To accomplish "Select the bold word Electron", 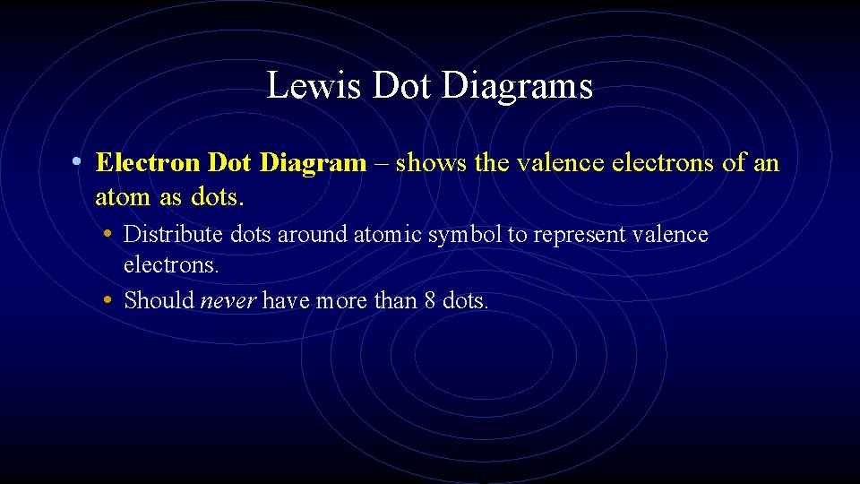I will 148,163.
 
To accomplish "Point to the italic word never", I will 228,300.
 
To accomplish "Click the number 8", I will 431,300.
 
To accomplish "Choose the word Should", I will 159,300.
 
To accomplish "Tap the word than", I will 394,300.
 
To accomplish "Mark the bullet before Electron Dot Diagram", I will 79,163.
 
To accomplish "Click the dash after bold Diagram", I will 381,163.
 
